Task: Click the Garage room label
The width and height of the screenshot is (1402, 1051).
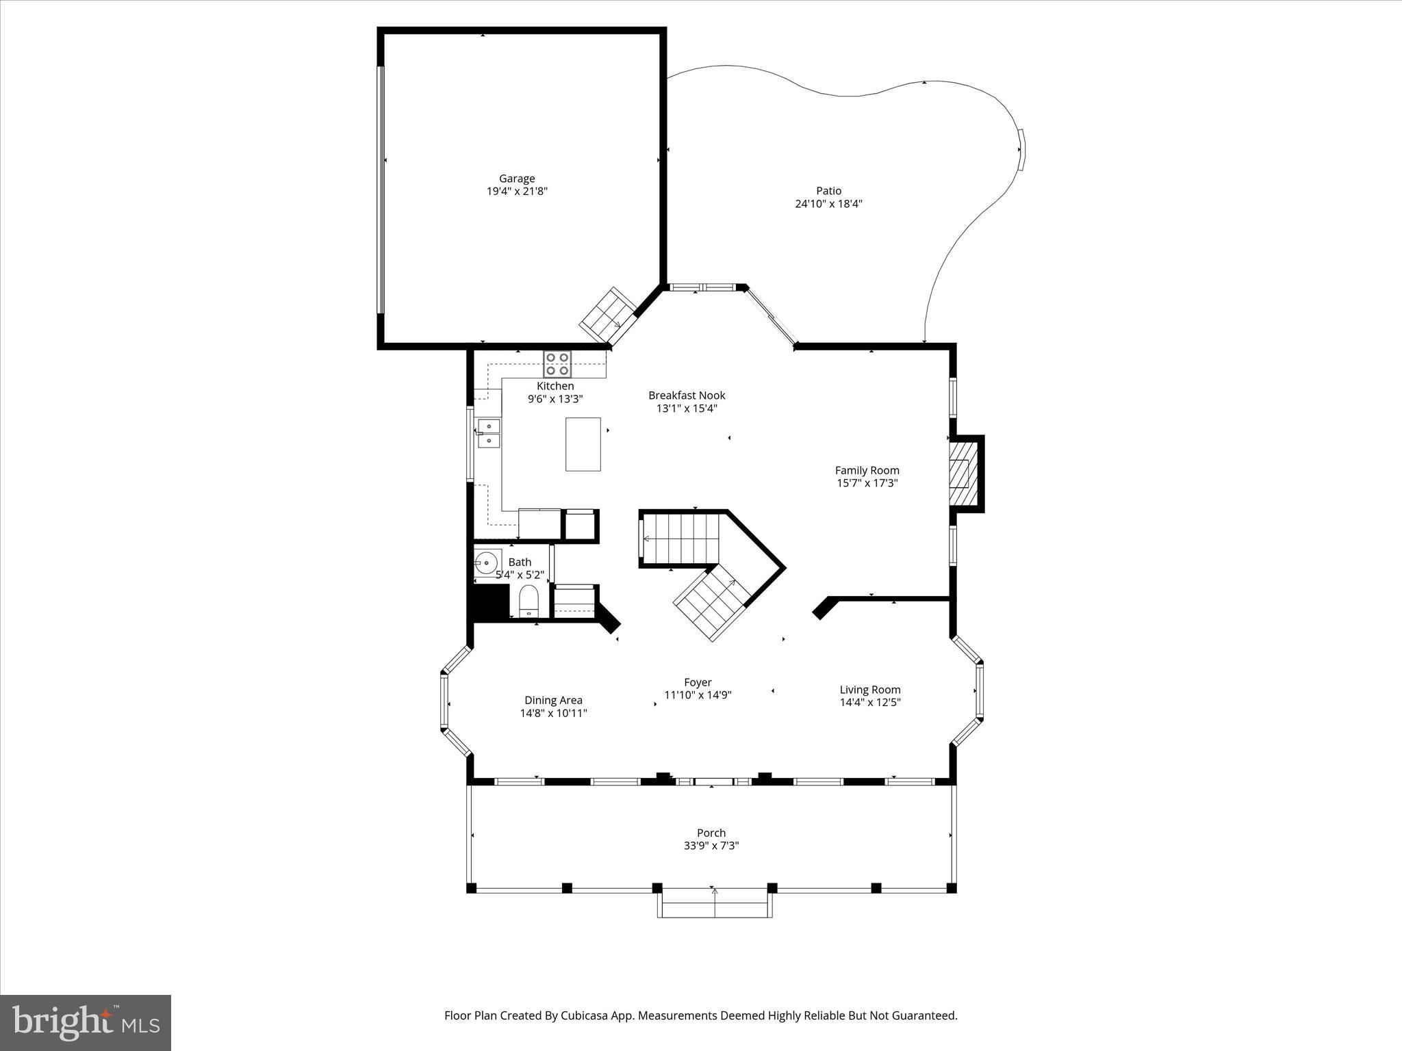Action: coord(516,179)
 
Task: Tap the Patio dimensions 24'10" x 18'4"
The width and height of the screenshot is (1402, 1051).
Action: coord(828,203)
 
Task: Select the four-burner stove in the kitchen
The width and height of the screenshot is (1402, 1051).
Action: coord(557,364)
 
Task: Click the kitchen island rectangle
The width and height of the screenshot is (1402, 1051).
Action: coord(583,444)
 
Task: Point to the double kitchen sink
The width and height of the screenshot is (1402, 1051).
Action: coord(489,433)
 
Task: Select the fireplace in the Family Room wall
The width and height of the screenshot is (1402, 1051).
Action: coord(964,473)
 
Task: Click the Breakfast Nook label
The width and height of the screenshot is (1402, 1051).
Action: coord(687,395)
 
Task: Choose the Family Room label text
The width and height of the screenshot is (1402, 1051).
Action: coord(867,470)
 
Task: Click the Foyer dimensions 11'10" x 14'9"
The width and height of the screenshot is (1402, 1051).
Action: coord(698,695)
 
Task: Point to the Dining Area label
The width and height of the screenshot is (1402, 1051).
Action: coord(553,700)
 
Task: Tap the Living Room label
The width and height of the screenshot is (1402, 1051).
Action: coord(870,690)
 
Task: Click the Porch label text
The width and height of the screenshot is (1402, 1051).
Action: coord(711,833)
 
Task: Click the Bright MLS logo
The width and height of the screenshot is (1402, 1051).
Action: coord(86,1022)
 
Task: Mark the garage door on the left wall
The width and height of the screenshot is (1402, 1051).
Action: coord(381,190)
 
